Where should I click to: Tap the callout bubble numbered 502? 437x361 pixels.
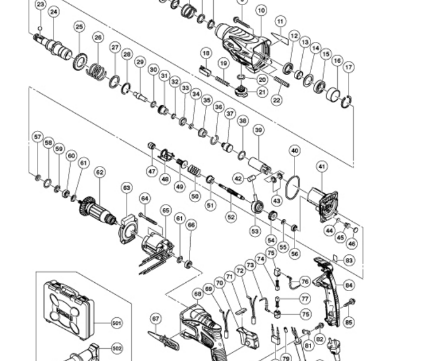pos(116,348)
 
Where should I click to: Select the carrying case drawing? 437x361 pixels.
pos(68,309)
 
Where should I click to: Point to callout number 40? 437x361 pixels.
pos(294,151)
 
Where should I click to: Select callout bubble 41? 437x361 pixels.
pos(322,167)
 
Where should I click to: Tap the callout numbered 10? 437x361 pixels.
pos(261,10)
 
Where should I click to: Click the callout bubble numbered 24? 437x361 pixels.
pos(53,12)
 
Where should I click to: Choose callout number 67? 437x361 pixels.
pos(156,318)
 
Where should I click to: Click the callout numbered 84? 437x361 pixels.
pos(349,285)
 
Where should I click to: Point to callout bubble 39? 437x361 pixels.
pos(258,130)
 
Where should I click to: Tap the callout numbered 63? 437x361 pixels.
pos(127,187)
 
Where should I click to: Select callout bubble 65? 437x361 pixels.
pos(166,209)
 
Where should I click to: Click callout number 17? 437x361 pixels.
pos(348,67)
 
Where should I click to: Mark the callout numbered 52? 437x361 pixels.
pos(231,217)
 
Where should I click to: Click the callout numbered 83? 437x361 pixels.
pos(349,261)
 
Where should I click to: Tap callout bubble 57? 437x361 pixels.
pos(37,137)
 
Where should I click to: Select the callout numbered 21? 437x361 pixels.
pos(262,92)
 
